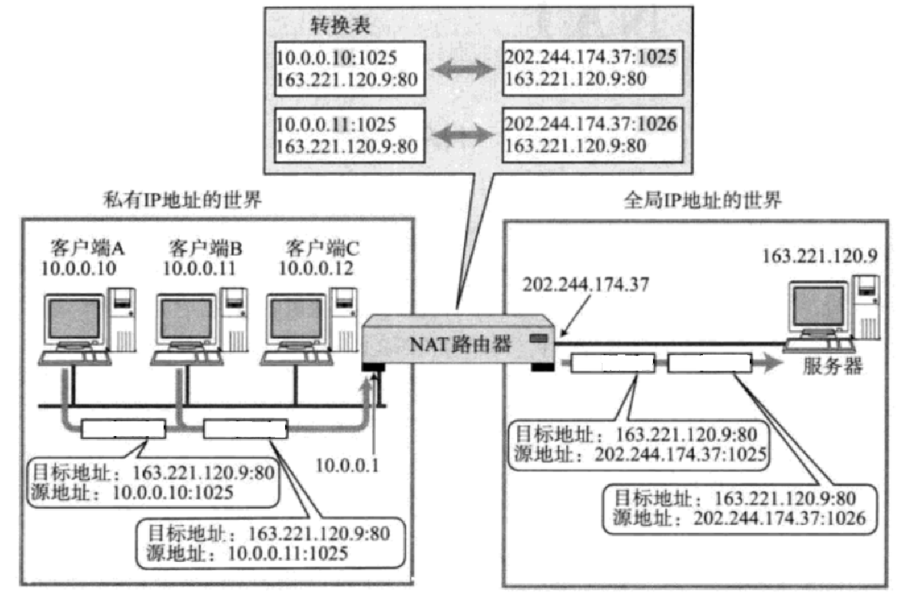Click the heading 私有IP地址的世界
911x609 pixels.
[184, 201]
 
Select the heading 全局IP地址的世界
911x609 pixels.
[703, 201]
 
